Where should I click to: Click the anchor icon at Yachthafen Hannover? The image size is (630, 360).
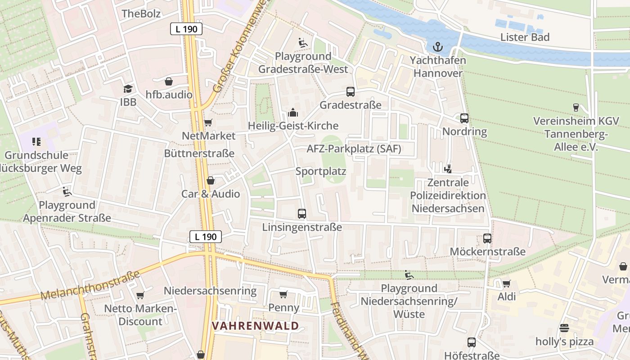click(437, 46)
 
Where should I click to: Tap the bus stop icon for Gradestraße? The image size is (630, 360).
click(351, 92)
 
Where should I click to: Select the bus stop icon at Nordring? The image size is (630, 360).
click(464, 118)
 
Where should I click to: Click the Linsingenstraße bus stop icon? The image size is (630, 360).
click(302, 214)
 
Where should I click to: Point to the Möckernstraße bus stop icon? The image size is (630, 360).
click(487, 238)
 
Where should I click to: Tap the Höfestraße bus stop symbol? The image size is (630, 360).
click(472, 342)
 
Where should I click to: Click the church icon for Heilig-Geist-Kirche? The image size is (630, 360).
click(293, 112)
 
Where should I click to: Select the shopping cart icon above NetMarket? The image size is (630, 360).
click(208, 122)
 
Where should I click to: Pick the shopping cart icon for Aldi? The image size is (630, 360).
click(507, 283)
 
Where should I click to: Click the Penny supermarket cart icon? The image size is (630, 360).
click(283, 294)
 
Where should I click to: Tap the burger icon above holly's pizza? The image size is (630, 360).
click(564, 328)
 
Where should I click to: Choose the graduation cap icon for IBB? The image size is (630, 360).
click(128, 89)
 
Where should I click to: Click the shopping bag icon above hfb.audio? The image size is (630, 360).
click(169, 81)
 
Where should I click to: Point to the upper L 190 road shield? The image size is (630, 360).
click(186, 29)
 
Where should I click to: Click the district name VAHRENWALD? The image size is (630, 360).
click(255, 325)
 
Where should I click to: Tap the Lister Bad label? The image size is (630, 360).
click(525, 37)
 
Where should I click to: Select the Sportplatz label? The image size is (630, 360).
click(321, 171)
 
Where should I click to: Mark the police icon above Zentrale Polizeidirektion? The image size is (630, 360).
click(448, 169)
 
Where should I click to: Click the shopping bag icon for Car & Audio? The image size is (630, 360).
click(211, 180)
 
